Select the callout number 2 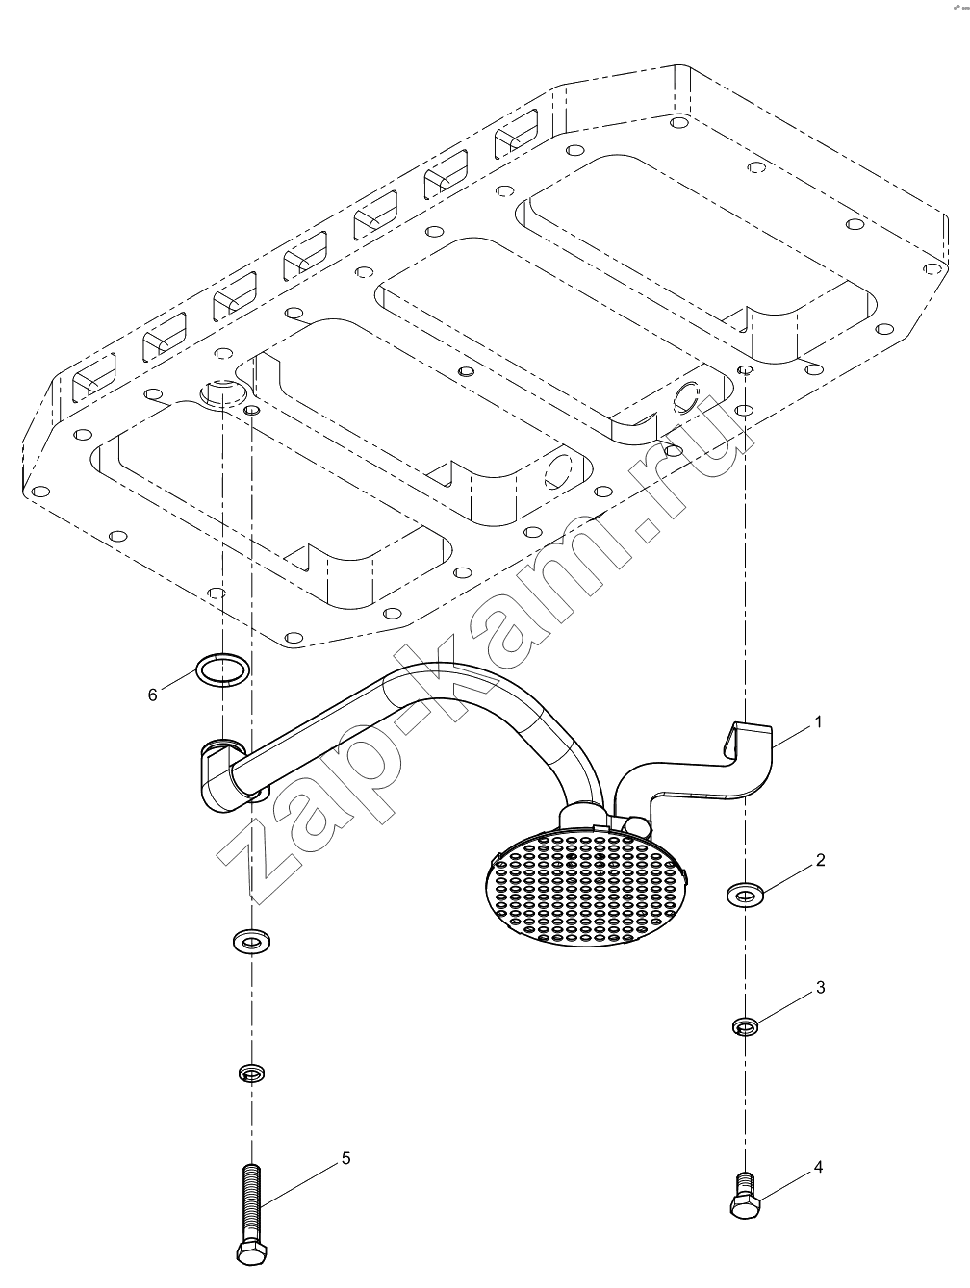821,860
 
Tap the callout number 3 821,988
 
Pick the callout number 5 345,1158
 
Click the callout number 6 153,695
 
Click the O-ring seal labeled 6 222,669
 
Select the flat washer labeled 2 745,896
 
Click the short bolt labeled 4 745,1196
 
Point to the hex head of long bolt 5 252,1251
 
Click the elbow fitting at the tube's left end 222,775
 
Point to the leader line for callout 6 178,679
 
